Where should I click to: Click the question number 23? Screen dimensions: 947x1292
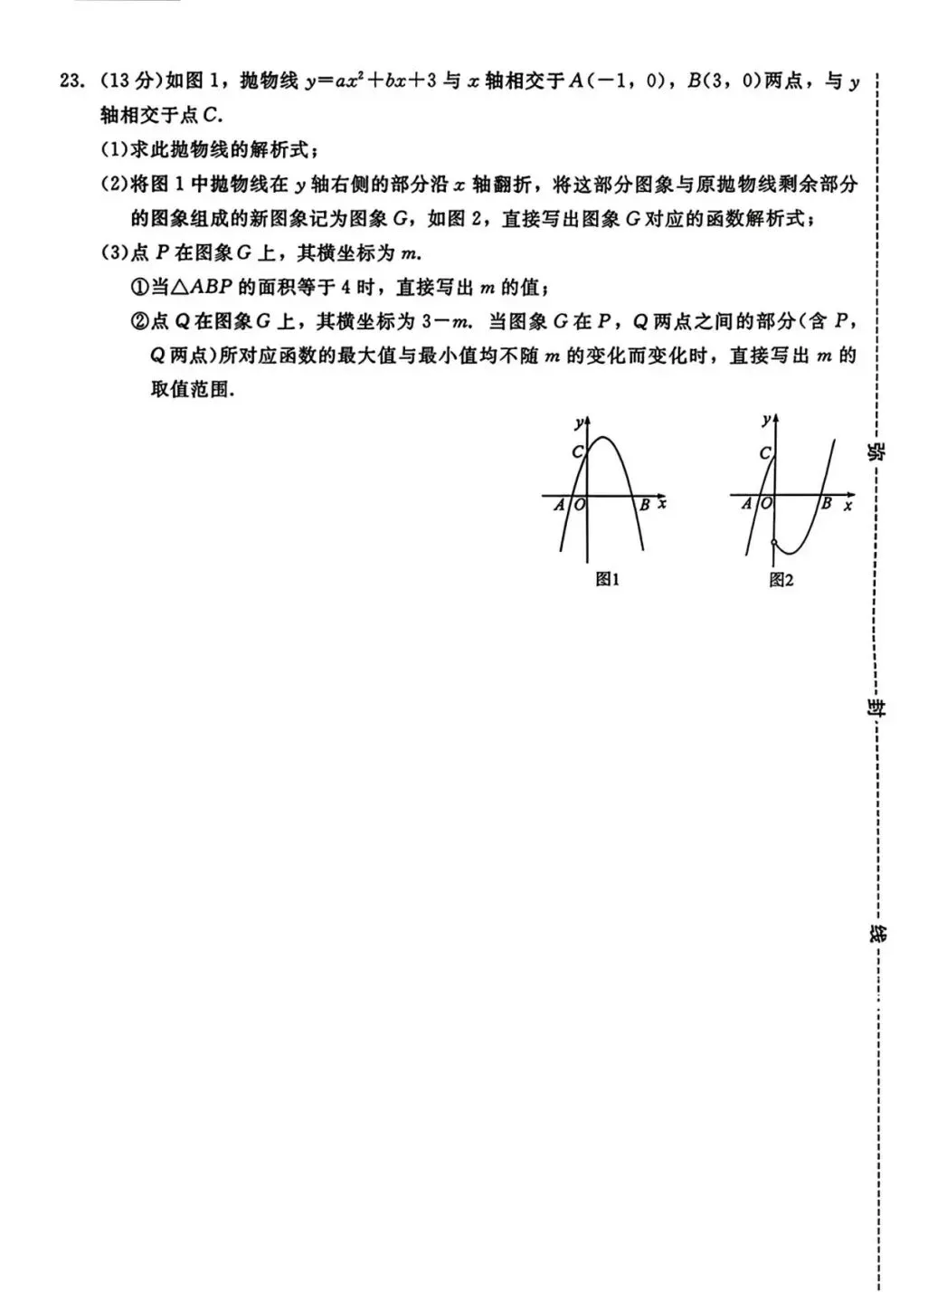coord(71,81)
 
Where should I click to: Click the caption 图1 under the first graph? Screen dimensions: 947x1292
coord(607,580)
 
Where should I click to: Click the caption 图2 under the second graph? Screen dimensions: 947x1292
coord(781,580)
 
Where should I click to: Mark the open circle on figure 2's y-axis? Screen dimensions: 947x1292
coord(773,543)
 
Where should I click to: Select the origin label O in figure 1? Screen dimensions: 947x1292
coord(579,506)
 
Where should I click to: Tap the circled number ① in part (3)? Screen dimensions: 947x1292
coord(139,288)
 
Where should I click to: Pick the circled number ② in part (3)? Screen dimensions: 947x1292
coord(139,322)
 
